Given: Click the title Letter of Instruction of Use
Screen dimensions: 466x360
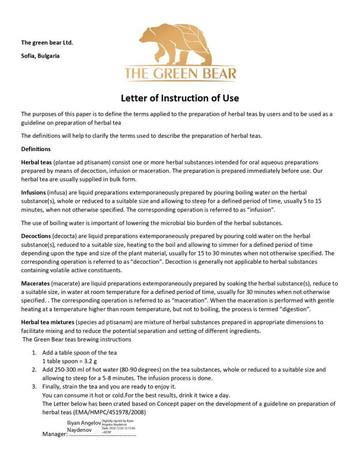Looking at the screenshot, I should tap(181, 98).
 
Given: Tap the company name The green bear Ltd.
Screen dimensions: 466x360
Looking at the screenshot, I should tap(47, 43).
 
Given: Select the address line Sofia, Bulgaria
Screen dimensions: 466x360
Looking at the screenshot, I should tap(40, 56).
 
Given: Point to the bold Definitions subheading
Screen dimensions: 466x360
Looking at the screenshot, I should tap(36, 149).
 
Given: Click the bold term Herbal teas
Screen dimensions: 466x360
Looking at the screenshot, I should tap(36, 163).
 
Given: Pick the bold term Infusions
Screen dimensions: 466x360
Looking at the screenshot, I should tap(35, 191).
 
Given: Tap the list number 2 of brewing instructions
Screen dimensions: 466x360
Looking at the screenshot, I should tap(34, 370).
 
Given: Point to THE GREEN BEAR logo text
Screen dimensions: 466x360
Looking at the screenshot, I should tap(181, 74).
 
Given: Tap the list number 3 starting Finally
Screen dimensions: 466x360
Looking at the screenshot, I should tap(34, 387).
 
